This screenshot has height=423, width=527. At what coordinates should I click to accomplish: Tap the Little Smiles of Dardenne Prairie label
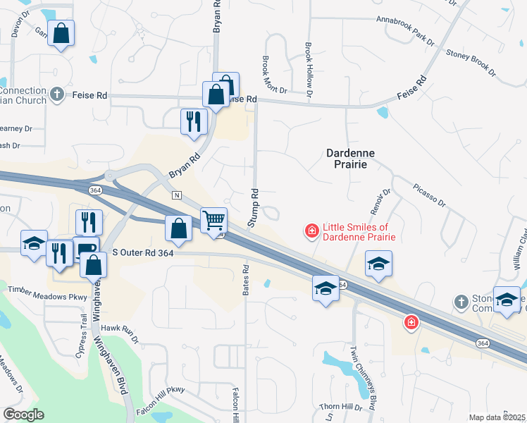pos(356,232)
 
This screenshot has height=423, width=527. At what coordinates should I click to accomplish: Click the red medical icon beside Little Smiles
pos(311,230)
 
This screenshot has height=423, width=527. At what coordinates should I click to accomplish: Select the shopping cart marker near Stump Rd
pos(214,220)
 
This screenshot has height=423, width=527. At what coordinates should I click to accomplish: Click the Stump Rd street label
pos(253,207)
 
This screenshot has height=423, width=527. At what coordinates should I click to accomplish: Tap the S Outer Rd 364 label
pos(143,252)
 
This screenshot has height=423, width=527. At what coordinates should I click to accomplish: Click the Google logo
pos(24,415)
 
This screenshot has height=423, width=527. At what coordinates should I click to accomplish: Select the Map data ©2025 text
pos(497,417)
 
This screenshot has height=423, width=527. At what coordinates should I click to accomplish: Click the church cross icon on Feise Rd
pos(58,94)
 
